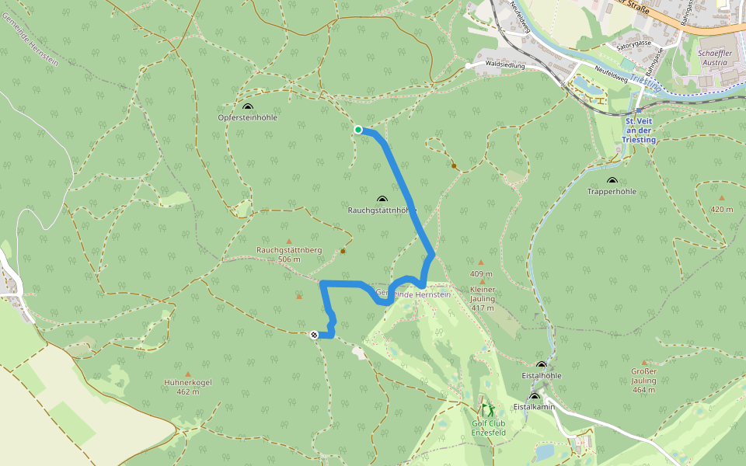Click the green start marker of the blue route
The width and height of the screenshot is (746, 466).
click(x=358, y=130)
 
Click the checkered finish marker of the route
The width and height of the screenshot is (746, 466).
click(x=314, y=335)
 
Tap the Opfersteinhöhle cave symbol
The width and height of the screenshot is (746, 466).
click(x=248, y=107)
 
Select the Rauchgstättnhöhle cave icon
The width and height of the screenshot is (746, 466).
click(x=382, y=200)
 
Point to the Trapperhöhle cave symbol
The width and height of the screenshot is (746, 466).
click(x=612, y=181)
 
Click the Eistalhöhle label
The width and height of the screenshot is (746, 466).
click(x=542, y=375)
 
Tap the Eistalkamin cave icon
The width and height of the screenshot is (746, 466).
click(x=534, y=397)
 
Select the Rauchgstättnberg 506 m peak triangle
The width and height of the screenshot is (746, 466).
click(x=289, y=242)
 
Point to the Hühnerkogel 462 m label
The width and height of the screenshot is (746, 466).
click(x=187, y=387)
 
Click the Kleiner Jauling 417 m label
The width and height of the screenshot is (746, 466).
click(x=482, y=299)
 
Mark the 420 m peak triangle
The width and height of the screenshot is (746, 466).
click(x=722, y=198)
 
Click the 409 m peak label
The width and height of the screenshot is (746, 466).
click(x=481, y=274)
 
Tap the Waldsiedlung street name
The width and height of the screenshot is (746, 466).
click(x=505, y=67)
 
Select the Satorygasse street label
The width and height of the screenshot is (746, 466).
click(x=633, y=44)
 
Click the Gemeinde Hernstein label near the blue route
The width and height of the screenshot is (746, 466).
click(x=413, y=294)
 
